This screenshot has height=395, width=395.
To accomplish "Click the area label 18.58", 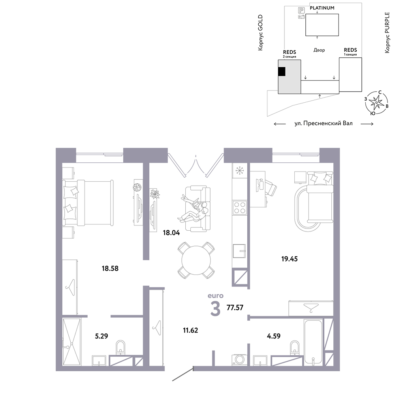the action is (110, 268).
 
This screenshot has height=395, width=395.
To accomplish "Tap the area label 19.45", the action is (290, 259).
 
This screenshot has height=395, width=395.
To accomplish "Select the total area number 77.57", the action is (235, 308).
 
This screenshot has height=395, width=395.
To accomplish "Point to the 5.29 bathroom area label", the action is (102, 336).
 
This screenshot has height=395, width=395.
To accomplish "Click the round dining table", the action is (196, 260).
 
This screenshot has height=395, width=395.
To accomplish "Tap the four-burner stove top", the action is (240, 208).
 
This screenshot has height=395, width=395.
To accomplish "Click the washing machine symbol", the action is (239, 360).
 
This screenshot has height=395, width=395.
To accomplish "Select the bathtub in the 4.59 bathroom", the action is (313, 342).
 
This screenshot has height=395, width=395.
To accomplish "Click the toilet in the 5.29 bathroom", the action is (120, 347).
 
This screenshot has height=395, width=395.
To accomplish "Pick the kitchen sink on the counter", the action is (239, 251).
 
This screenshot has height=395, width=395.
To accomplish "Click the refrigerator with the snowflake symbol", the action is (240, 171).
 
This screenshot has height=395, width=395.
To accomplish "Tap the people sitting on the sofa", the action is (194, 209).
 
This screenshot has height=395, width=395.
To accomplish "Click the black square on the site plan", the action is (282, 71).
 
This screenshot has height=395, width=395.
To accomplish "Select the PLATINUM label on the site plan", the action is (322, 8).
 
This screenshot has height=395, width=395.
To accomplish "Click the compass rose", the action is (376, 103).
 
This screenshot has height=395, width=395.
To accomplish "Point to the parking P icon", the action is (301, 10).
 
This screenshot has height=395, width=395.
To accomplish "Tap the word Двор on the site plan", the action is (319, 50).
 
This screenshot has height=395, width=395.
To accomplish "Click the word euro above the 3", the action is (215, 295).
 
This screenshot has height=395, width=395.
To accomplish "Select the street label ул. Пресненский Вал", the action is (324, 123).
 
